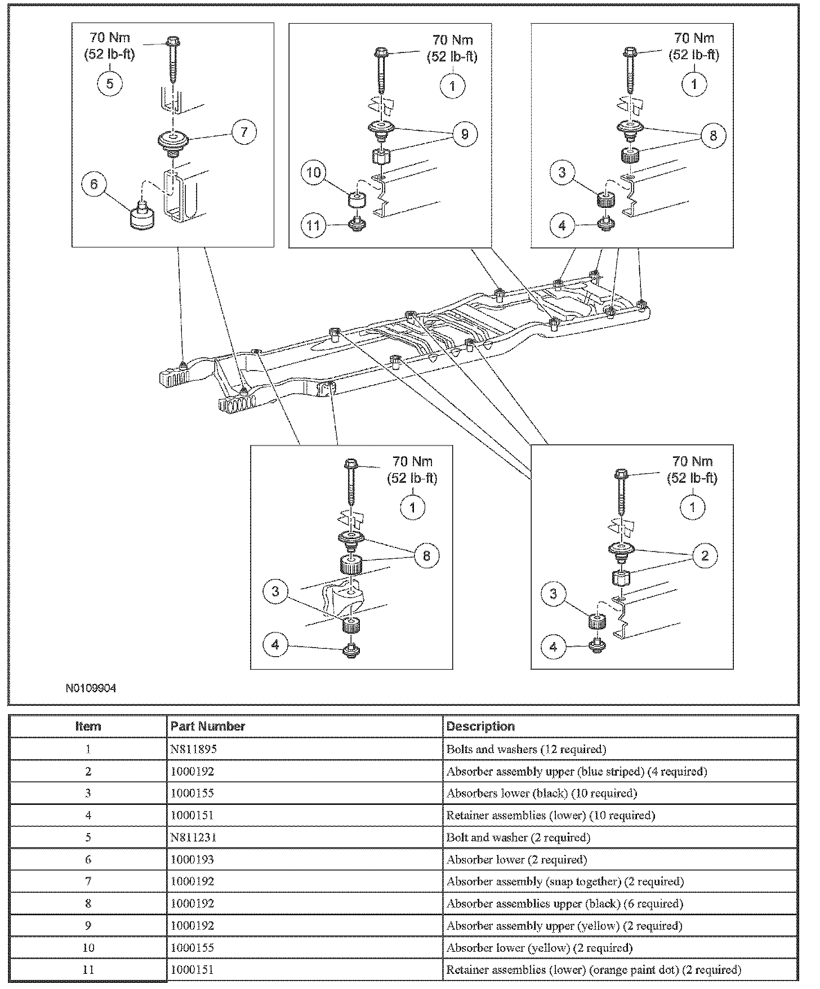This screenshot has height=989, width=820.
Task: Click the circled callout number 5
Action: click(x=110, y=83)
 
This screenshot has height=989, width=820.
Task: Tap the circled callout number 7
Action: click(x=243, y=132)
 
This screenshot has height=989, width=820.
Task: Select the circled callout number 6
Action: click(x=94, y=184)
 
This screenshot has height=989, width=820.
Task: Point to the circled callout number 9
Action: click(x=465, y=134)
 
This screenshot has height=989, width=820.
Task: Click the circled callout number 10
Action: click(x=314, y=172)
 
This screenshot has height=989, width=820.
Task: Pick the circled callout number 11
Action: click(x=314, y=226)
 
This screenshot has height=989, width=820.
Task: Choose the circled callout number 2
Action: click(x=705, y=556)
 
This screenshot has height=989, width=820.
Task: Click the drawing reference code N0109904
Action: click(x=91, y=688)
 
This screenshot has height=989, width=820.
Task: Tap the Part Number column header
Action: click(x=208, y=726)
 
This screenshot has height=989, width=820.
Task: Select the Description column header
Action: click(x=480, y=726)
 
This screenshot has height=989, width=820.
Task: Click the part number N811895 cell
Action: click(x=194, y=749)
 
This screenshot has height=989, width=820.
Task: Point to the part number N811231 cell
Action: click(x=194, y=837)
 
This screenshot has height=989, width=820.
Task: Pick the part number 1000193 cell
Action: click(x=192, y=859)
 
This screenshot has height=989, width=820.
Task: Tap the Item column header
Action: click(x=88, y=726)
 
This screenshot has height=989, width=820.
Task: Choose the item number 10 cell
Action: click(x=88, y=947)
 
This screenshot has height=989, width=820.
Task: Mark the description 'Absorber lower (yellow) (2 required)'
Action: click(x=539, y=947)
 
